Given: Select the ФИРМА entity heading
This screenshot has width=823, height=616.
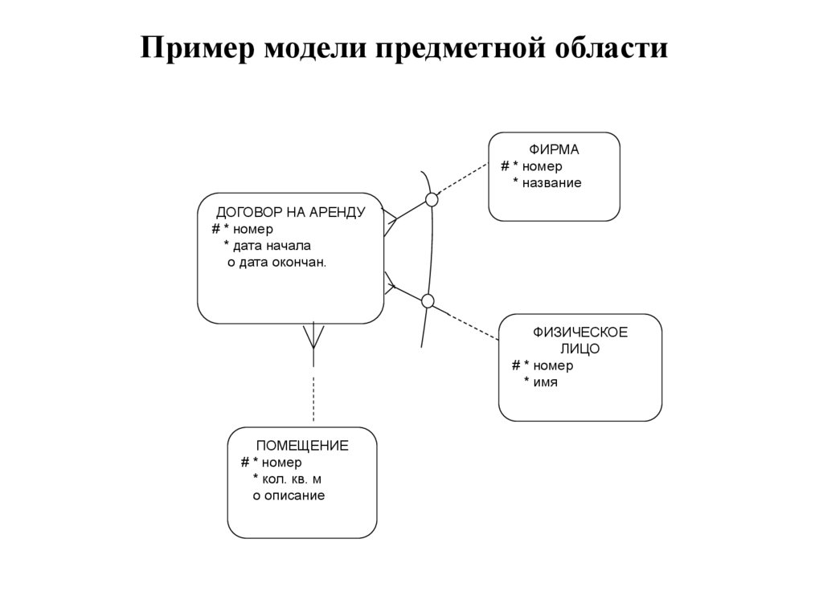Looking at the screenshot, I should pos(554,149).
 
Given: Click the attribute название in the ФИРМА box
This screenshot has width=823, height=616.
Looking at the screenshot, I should pos(552,183).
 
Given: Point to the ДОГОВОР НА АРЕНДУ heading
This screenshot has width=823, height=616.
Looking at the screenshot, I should pos(290,213).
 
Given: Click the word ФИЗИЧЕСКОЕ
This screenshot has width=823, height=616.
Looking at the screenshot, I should pos(580,332).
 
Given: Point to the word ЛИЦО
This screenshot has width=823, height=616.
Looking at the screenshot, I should pos(579,349).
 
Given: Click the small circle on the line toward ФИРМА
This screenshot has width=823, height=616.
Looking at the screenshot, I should pos(432,199).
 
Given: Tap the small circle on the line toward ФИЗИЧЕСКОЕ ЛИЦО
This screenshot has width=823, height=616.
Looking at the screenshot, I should pos(428,301).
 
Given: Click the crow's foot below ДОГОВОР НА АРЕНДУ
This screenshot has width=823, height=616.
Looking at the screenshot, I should pos(313,337).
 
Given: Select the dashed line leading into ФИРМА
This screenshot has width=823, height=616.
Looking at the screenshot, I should pos(462,182).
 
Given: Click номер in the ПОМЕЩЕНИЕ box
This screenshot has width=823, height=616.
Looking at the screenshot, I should pos(281,463).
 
